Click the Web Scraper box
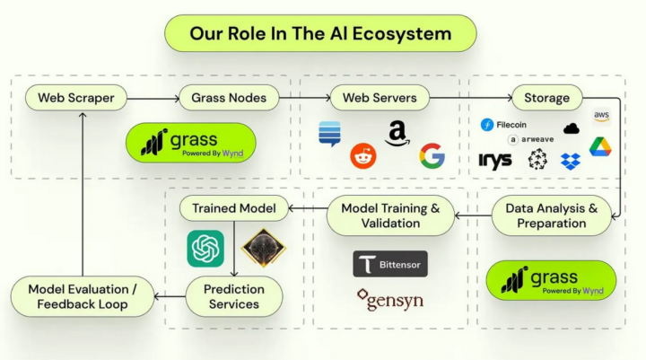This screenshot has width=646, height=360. (76, 98)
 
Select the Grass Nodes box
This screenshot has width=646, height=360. (229, 98)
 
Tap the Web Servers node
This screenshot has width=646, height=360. (380, 98)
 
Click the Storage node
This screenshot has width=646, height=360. (546, 98)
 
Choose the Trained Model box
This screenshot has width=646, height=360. (234, 208)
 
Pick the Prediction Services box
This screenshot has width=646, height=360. (234, 296)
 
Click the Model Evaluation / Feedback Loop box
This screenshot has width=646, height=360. (83, 296)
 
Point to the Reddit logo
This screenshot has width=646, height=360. (363, 156)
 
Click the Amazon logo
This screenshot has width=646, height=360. (397, 134)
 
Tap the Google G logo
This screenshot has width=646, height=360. (432, 156)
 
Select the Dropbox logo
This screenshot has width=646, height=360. (571, 162)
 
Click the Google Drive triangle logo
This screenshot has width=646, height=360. (600, 147)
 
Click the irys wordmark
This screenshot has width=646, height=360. (495, 161)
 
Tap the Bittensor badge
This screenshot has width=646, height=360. (390, 264)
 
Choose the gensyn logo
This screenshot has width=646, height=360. (390, 300)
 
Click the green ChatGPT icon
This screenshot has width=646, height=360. (205, 249)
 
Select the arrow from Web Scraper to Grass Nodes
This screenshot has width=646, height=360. (153, 99)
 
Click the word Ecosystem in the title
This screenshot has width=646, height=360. (402, 33)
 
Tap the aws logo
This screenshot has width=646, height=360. (601, 116)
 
